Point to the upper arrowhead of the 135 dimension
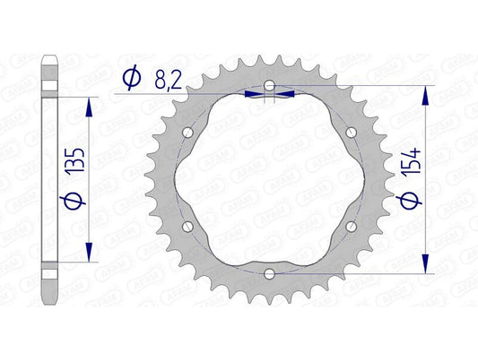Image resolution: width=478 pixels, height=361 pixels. click(x=88, y=105)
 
